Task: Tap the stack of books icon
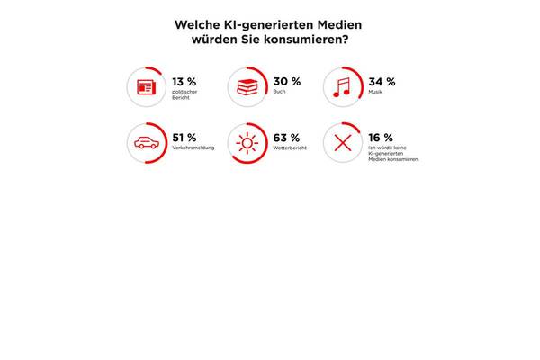(247, 87)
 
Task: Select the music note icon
(342, 87)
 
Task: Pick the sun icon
(247, 142)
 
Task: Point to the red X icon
(342, 142)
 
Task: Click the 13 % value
(184, 81)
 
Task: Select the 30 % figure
(286, 81)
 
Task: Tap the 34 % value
(382, 81)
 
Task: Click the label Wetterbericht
(289, 148)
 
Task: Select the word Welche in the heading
(197, 24)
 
